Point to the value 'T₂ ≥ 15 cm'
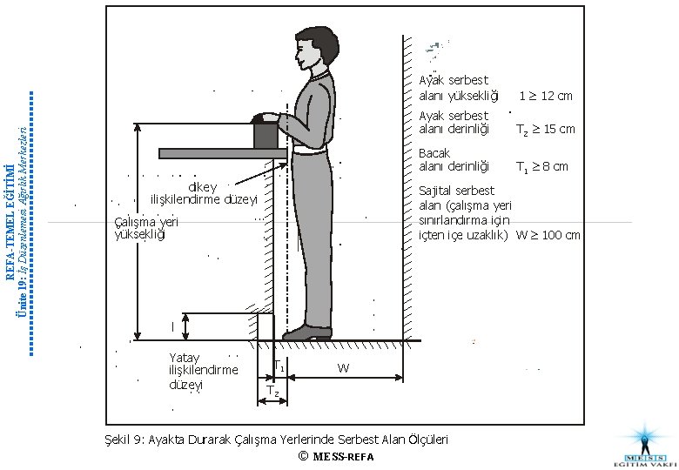pyautogui.click(x=545, y=130)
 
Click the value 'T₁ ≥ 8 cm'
pyautogui.click(x=541, y=166)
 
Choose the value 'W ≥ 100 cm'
pyautogui.click(x=548, y=235)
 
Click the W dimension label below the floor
pyautogui.click(x=344, y=368)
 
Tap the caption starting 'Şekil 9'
pyautogui.click(x=276, y=440)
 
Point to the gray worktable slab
pyautogui.click(x=223, y=154)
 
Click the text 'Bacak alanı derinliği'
pyautogui.click(x=454, y=160)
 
